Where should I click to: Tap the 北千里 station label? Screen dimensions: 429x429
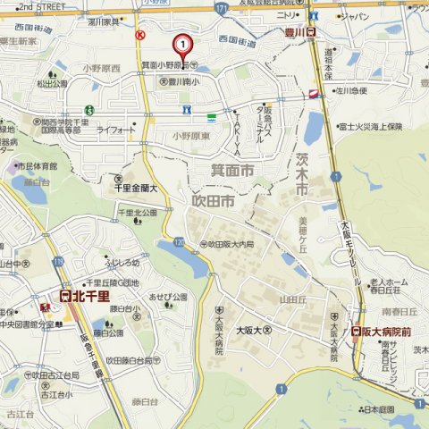point(84,294)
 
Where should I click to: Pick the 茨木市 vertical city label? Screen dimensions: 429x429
point(301,177)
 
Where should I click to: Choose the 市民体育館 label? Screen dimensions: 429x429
point(37,166)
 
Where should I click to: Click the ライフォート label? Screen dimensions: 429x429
point(115,130)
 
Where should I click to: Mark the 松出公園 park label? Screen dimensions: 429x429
point(51,84)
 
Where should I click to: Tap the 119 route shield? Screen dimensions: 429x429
point(56,262)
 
